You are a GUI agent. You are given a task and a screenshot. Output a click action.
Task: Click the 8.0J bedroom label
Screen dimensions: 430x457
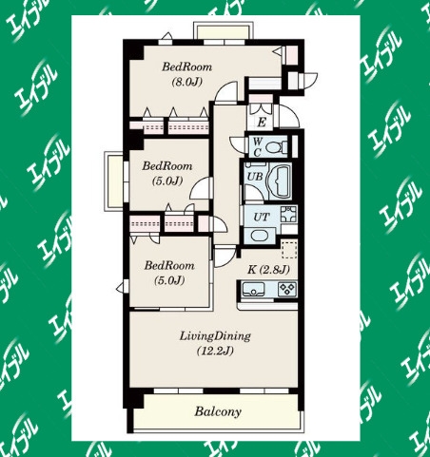click(x=187, y=74)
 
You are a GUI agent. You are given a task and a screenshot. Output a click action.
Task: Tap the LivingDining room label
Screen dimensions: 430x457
click(x=215, y=335)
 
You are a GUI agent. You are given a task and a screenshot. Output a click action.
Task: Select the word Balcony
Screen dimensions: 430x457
click(x=218, y=411)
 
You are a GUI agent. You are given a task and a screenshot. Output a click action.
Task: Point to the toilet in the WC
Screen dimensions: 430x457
click(x=275, y=147)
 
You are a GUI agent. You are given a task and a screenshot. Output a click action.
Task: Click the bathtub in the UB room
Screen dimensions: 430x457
click(x=280, y=181)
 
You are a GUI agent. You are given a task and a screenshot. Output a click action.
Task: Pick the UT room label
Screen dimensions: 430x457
click(x=262, y=218)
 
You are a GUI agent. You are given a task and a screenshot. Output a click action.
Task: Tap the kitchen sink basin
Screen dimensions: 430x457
click(x=253, y=289)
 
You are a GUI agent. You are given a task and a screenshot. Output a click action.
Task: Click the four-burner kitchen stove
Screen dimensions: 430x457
click(x=287, y=289)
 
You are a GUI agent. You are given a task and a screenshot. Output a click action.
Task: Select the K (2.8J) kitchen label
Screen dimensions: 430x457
click(x=268, y=270)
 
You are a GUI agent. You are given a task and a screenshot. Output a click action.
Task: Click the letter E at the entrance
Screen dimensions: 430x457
click(x=262, y=122)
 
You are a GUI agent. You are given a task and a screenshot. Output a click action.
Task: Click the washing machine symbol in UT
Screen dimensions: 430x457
click(x=288, y=215)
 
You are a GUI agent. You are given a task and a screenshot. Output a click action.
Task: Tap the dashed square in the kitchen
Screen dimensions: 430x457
click(x=289, y=249)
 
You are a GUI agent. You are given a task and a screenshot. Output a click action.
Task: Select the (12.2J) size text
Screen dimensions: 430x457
click(x=215, y=351)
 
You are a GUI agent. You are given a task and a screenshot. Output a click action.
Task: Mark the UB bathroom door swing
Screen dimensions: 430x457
click(x=253, y=192)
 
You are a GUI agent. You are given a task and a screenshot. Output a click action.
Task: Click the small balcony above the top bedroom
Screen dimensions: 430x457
click(x=222, y=30)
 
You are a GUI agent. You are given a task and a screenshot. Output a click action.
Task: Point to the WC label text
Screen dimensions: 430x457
click(x=257, y=146)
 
